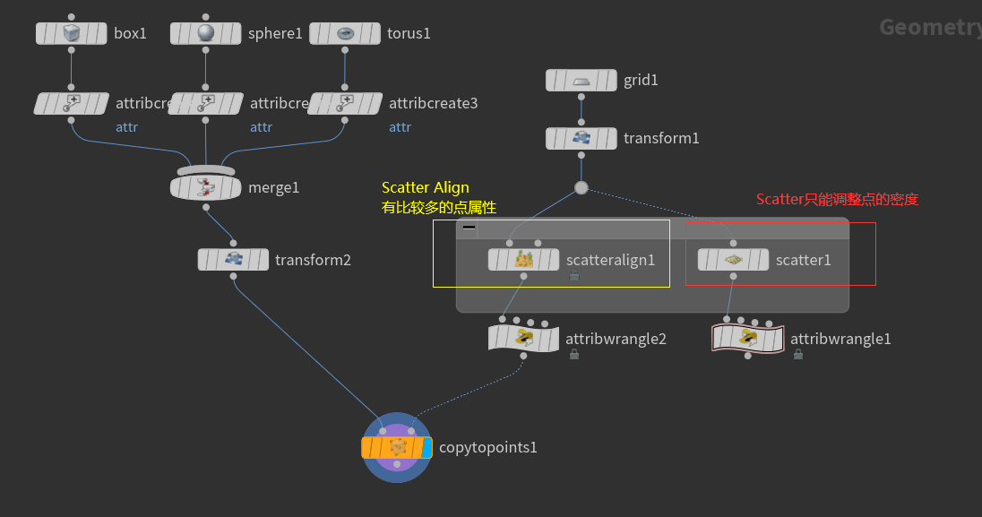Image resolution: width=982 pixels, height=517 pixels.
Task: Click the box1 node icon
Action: coord(71,33)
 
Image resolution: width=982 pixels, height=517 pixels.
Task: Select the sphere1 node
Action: coord(206,33)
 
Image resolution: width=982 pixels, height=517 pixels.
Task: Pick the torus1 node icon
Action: coord(345,33)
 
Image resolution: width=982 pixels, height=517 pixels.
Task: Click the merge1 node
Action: coord(206,187)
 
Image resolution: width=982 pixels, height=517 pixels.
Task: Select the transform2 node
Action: coord(233,260)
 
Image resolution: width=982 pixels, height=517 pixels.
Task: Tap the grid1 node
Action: coord(581,81)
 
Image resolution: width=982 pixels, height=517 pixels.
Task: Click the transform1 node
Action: coord(581,138)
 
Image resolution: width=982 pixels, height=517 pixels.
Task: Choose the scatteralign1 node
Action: coord(524,260)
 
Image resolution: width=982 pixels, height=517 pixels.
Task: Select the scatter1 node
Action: coord(733,260)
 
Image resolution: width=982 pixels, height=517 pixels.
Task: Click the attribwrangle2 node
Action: coord(523,339)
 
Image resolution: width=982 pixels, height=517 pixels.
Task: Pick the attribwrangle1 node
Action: coord(747,339)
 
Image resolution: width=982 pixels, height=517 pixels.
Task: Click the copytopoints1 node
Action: coord(397,447)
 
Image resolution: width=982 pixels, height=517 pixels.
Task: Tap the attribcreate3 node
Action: coord(345,103)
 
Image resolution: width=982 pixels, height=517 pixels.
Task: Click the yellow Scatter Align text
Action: coord(426,188)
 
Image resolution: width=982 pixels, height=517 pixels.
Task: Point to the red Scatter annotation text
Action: coord(837,200)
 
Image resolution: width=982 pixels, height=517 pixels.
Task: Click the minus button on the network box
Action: coord(469,228)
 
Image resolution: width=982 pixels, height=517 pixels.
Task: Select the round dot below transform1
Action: coord(581,187)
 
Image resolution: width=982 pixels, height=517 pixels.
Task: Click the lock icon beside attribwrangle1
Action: coord(798,355)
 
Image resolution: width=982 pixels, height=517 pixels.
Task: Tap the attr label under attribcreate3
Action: coord(400,127)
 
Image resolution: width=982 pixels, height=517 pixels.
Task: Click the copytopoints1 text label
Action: coord(487,447)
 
